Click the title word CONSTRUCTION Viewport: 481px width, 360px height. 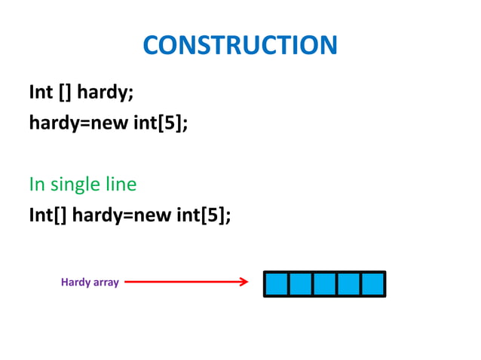pyautogui.click(x=240, y=46)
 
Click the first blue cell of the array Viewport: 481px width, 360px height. pyautogui.click(x=277, y=284)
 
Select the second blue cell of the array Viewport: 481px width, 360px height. pyautogui.click(x=301, y=284)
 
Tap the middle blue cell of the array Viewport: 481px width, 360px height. pyautogui.click(x=324, y=284)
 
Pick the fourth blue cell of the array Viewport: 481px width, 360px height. pyautogui.click(x=348, y=284)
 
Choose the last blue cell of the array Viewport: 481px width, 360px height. pyautogui.click(x=372, y=284)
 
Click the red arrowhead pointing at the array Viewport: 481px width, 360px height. pyautogui.click(x=243, y=282)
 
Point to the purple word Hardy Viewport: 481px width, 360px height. pyautogui.click(x=75, y=282)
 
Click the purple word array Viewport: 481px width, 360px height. pyautogui.click(x=106, y=283)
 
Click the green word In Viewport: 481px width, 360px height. pyautogui.click(x=37, y=184)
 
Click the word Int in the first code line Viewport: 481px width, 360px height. pyautogui.click(x=41, y=93)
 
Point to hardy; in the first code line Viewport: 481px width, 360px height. pyautogui.click(x=108, y=93)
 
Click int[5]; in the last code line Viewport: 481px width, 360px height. pyautogui.click(x=203, y=215)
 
